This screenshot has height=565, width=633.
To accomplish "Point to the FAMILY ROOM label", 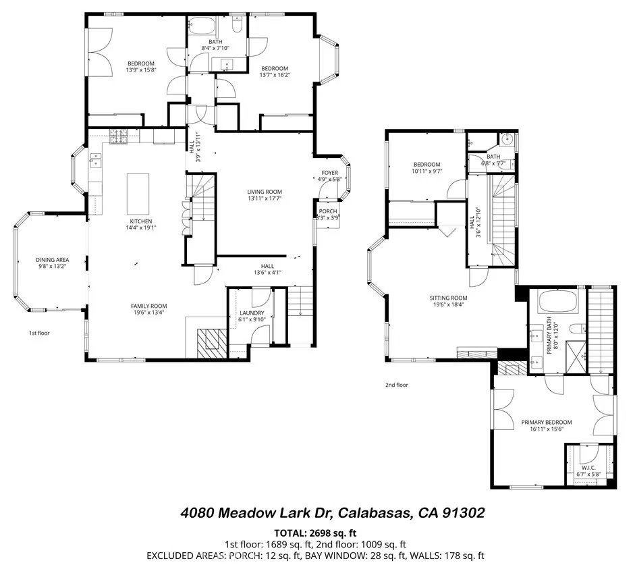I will [x=148, y=306].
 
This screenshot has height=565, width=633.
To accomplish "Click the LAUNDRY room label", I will [x=250, y=313].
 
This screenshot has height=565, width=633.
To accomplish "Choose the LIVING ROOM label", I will [x=264, y=192].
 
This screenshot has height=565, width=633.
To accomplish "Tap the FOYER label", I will [x=329, y=173].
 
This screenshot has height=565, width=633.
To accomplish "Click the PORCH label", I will [x=328, y=211].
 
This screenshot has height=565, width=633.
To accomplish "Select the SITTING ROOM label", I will [x=449, y=298].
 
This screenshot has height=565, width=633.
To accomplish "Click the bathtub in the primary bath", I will [x=559, y=302].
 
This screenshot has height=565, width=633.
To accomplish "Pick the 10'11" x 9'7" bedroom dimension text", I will [x=426, y=171].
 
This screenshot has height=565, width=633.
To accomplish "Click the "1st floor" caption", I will [x=38, y=333].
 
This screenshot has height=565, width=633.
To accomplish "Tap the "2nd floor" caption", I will [x=397, y=385].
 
